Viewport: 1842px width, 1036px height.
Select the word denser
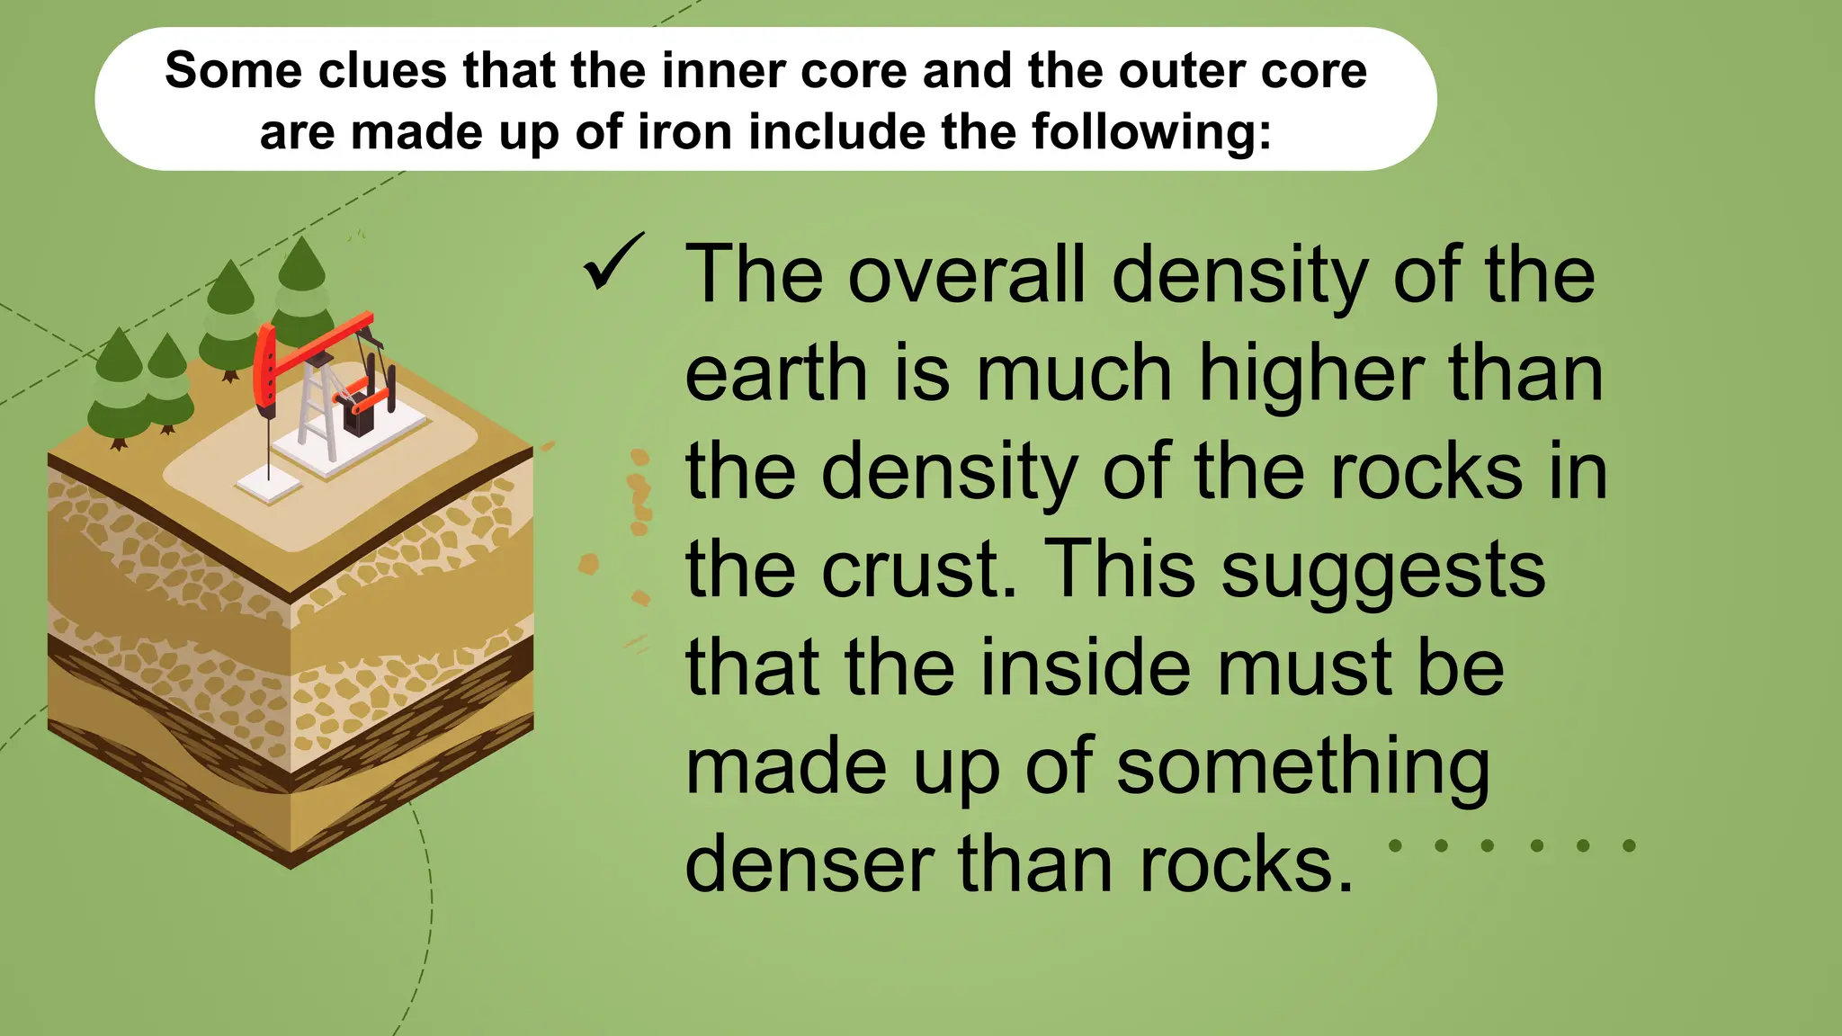pyautogui.click(x=810, y=864)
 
